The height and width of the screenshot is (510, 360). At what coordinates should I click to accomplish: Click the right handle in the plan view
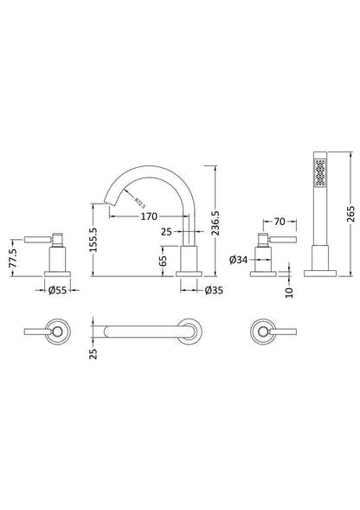(265, 332)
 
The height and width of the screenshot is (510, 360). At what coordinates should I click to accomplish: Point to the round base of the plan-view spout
(189, 332)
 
